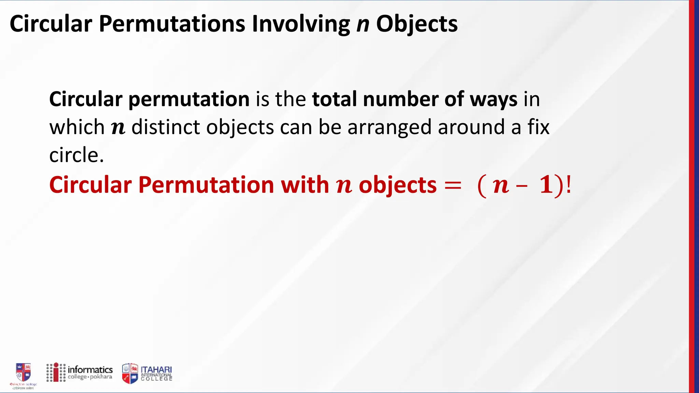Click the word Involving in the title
301,25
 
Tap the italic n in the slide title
363,25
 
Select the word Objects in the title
417,25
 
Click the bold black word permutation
189,100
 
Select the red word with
305,185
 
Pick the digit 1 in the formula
546,185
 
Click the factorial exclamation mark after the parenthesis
568,185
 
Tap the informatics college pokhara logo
80,373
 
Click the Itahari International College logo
147,373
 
